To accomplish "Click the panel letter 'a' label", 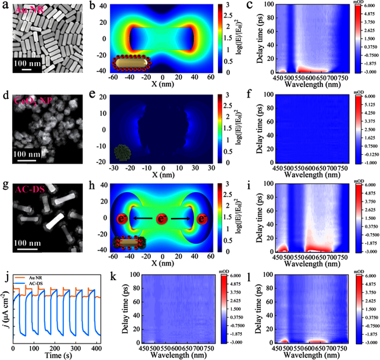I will pos(5,6).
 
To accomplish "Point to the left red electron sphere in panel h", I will pos(120,219).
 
